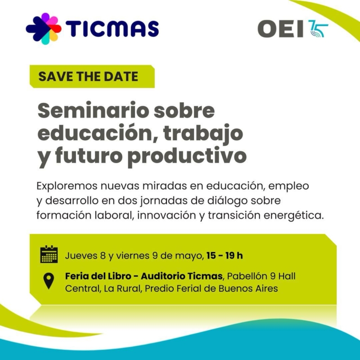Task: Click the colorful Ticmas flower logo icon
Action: click(x=44, y=29)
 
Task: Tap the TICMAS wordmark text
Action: click(x=112, y=29)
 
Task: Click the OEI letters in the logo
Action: click(x=280, y=29)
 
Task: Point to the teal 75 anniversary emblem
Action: click(x=318, y=29)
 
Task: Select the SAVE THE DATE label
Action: click(x=88, y=76)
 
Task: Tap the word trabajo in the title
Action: click(x=203, y=134)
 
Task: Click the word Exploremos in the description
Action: click(x=67, y=186)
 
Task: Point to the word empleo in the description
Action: click(x=288, y=186)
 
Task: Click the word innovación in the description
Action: click(x=166, y=216)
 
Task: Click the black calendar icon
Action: click(x=49, y=254)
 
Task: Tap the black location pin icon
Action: click(x=49, y=280)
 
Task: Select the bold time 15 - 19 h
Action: click(x=225, y=256)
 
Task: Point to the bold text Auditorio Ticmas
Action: click(x=182, y=276)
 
